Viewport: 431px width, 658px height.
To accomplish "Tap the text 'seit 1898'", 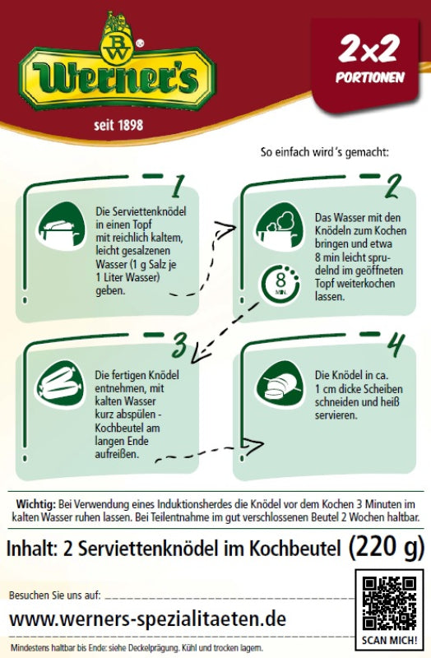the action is click(118, 125).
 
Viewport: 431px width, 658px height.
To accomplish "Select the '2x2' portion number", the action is click(368, 49).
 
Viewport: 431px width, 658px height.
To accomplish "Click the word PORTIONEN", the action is click(370, 77).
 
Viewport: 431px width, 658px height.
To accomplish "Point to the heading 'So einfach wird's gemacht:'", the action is click(324, 152).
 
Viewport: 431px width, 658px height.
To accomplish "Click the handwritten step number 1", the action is click(178, 187).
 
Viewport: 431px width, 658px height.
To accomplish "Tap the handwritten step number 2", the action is click(393, 187).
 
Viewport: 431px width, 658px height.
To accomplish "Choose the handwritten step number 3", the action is click(179, 345).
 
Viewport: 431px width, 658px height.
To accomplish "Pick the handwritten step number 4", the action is click(396, 345).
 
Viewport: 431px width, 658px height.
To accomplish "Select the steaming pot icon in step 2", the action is click(279, 227).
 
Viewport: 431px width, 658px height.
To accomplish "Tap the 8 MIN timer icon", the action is click(280, 284).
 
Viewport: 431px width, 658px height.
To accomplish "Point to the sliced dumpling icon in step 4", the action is click(280, 385).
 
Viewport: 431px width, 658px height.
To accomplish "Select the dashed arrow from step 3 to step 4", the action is click(209, 451).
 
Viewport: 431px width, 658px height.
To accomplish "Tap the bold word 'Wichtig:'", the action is click(35, 503).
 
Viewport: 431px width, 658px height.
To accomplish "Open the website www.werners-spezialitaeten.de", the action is click(148, 619).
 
